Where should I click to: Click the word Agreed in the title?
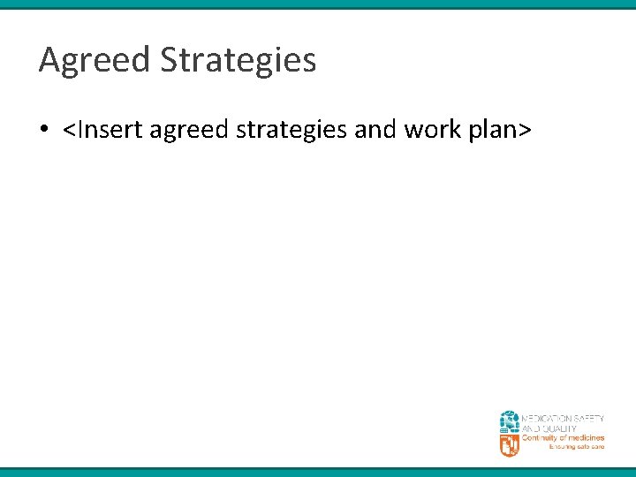[94, 61]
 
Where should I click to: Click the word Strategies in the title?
[238, 61]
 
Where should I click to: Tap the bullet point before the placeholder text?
[43, 131]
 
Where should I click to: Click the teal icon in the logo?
[510, 421]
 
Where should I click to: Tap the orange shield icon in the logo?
[510, 444]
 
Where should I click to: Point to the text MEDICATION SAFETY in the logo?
[563, 418]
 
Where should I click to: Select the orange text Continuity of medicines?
[563, 438]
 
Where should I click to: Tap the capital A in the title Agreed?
[49, 61]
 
